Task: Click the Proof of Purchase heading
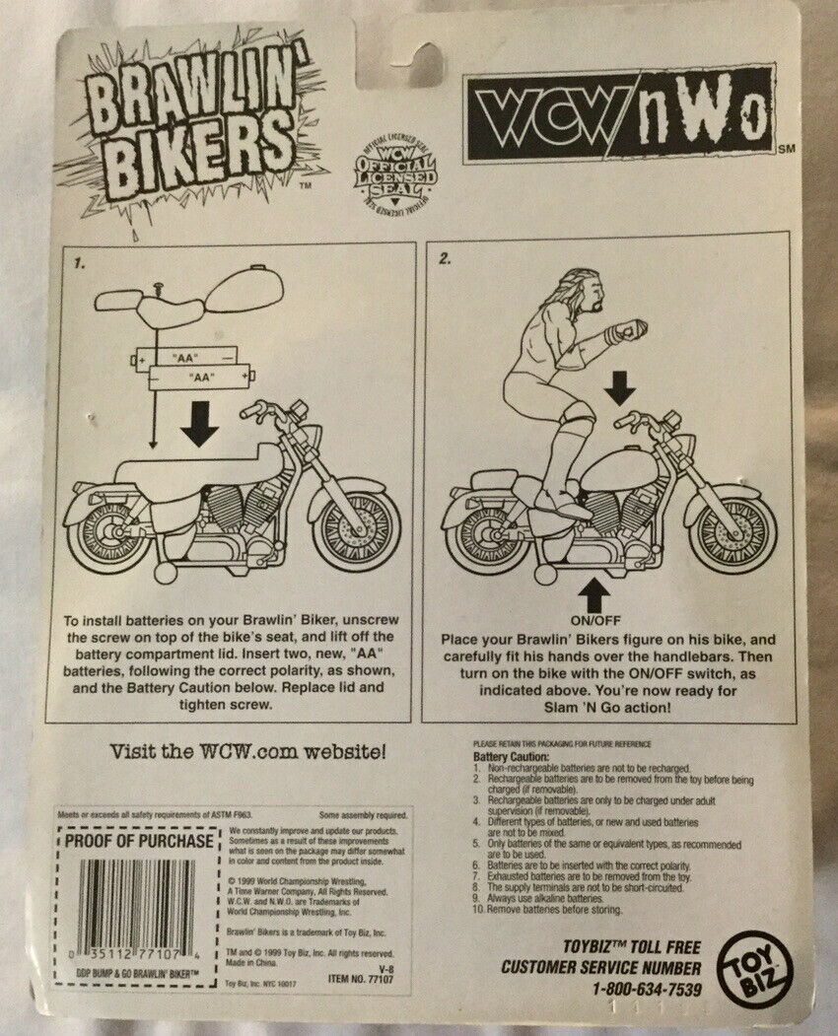138,841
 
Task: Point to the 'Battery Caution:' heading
506,754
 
